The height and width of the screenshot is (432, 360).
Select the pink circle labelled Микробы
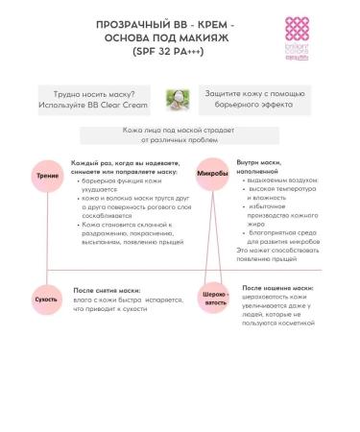(211, 175)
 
